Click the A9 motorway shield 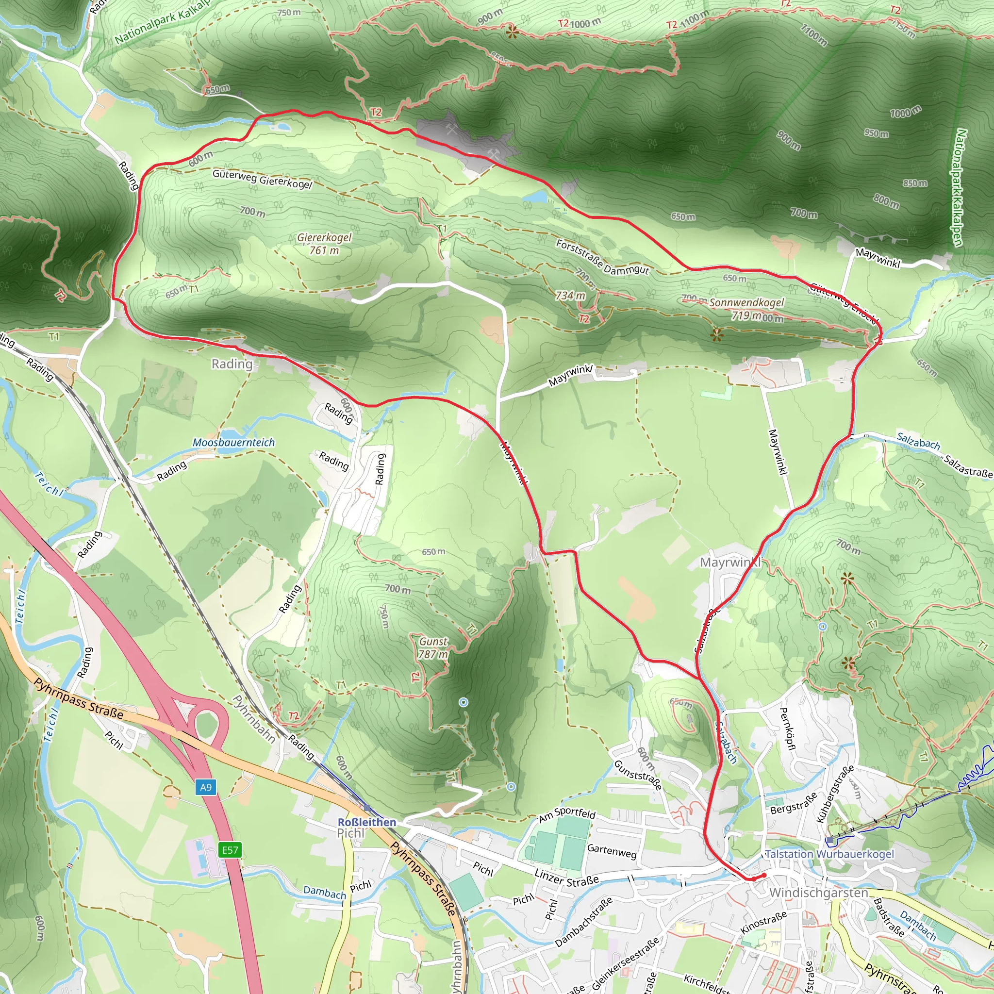(x=206, y=787)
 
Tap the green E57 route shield (x=230, y=849)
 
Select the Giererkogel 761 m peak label (x=325, y=244)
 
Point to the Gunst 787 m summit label (x=433, y=648)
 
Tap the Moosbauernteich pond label (x=233, y=443)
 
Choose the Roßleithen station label (x=367, y=822)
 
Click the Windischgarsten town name (x=819, y=893)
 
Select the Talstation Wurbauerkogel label (x=829, y=854)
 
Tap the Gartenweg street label (x=612, y=851)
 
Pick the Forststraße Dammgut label (x=602, y=257)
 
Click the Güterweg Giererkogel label (x=263, y=179)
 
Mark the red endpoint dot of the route (x=764, y=875)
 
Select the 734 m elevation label (x=570, y=295)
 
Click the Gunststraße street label (x=638, y=775)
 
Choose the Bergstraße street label (x=794, y=803)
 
